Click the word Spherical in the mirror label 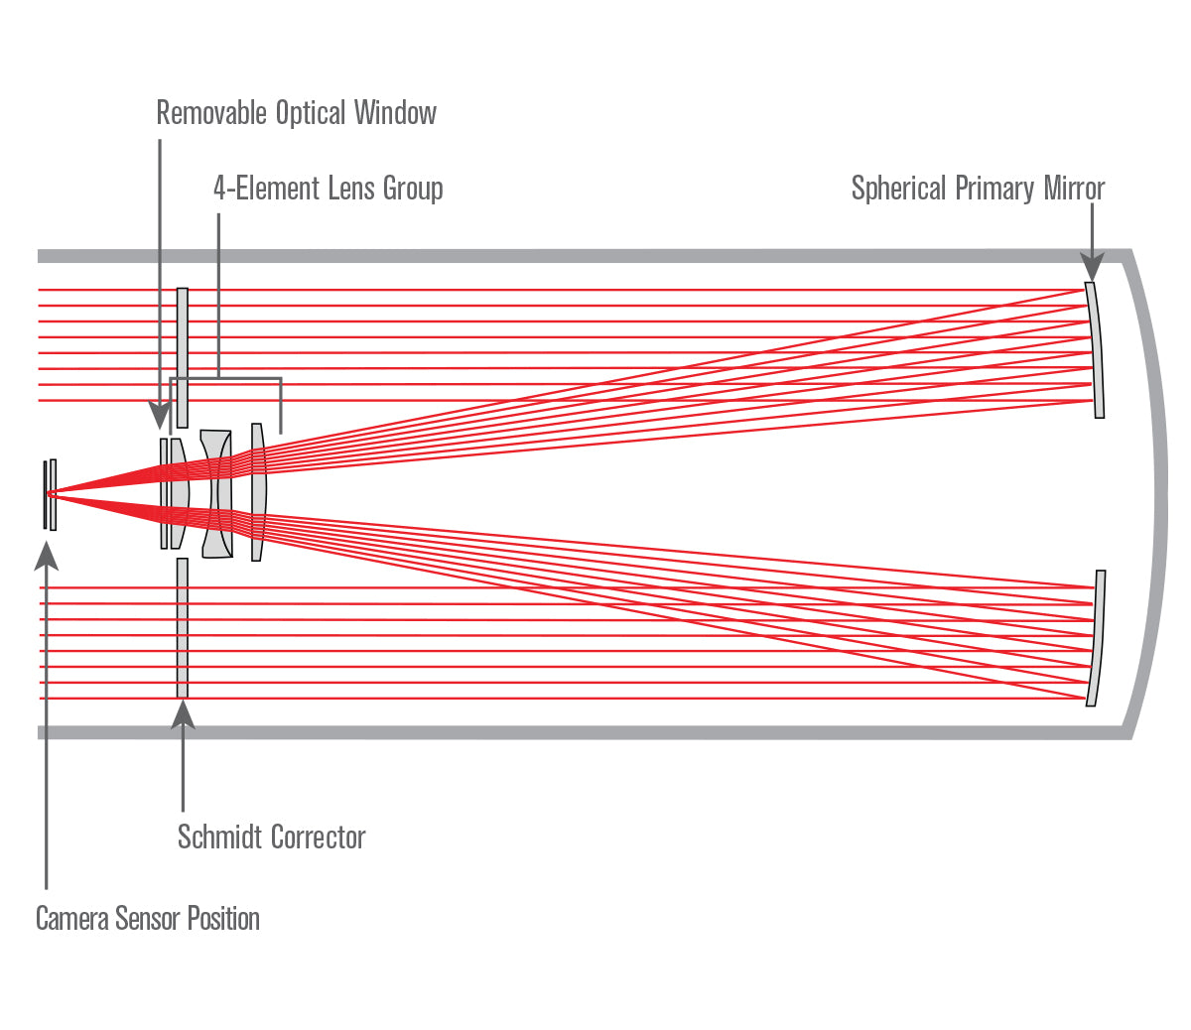click(x=898, y=189)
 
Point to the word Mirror click(x=1073, y=189)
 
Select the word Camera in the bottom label click(x=71, y=919)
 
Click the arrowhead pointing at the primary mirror click(x=1092, y=268)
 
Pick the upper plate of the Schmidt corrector click(x=183, y=357)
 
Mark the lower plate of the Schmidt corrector click(x=183, y=628)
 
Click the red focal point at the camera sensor click(x=52, y=493)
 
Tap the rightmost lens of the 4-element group click(x=258, y=492)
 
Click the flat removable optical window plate click(x=164, y=493)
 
